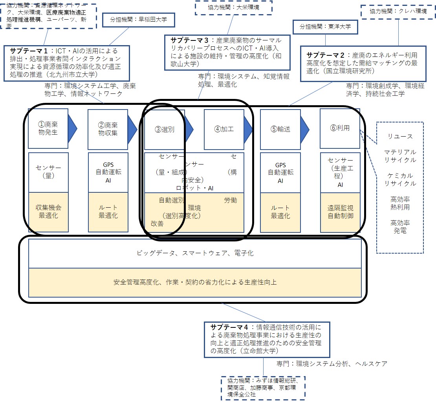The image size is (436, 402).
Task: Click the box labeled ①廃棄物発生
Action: [48, 128]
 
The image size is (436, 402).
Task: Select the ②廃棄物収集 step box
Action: [108, 128]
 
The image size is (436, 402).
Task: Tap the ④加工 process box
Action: [224, 129]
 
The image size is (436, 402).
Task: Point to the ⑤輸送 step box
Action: [280, 129]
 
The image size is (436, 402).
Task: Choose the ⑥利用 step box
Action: [340, 128]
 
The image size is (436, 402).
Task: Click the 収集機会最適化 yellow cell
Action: [48, 212]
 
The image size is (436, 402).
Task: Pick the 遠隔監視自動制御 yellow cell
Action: [340, 212]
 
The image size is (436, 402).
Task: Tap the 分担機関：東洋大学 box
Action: [325, 27]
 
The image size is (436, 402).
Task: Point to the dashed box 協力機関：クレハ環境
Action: [398, 11]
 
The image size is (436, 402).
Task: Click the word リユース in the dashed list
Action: [400, 137]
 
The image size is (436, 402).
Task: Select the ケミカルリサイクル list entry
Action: [400, 179]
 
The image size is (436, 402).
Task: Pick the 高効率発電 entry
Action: [400, 227]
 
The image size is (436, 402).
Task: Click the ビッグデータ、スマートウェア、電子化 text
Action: [195, 253]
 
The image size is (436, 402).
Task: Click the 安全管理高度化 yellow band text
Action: [195, 282]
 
